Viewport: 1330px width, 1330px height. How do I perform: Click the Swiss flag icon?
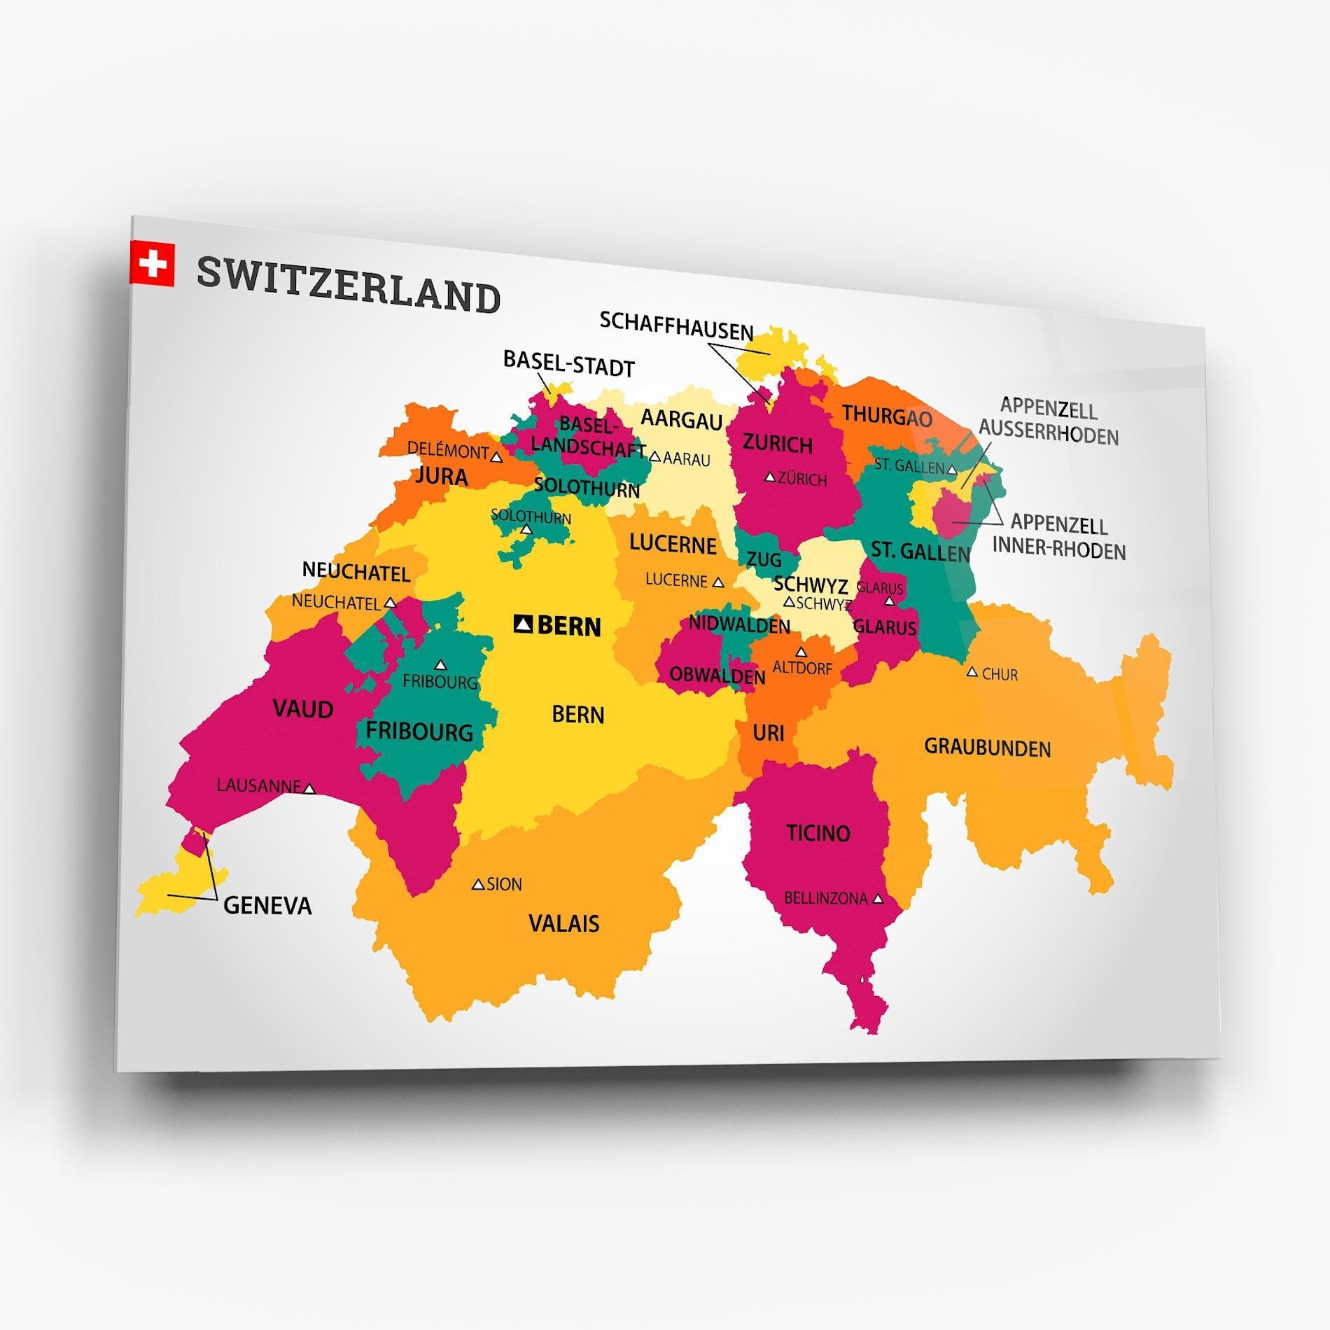[x=152, y=263]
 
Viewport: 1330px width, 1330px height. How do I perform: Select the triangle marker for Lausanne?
[x=309, y=789]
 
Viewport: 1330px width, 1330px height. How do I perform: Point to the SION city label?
[x=504, y=884]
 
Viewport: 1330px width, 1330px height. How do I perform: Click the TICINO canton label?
[x=818, y=833]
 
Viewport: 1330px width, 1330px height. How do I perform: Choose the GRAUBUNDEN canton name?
[x=987, y=748]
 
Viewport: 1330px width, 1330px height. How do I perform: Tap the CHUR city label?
[x=1000, y=675]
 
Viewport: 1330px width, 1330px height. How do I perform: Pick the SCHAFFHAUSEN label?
[x=676, y=326]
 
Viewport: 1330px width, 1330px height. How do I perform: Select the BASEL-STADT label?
[x=568, y=364]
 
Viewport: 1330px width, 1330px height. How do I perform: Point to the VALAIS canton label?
[x=563, y=923]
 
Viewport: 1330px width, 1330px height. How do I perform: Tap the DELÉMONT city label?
[x=448, y=450]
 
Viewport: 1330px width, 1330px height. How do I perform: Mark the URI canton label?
[x=768, y=733]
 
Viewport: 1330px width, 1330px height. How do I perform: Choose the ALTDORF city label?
[x=802, y=668]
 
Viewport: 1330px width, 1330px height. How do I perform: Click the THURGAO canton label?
[x=887, y=416]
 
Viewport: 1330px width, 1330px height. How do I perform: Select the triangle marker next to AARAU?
[x=655, y=456]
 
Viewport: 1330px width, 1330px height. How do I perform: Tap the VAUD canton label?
[x=302, y=709]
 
